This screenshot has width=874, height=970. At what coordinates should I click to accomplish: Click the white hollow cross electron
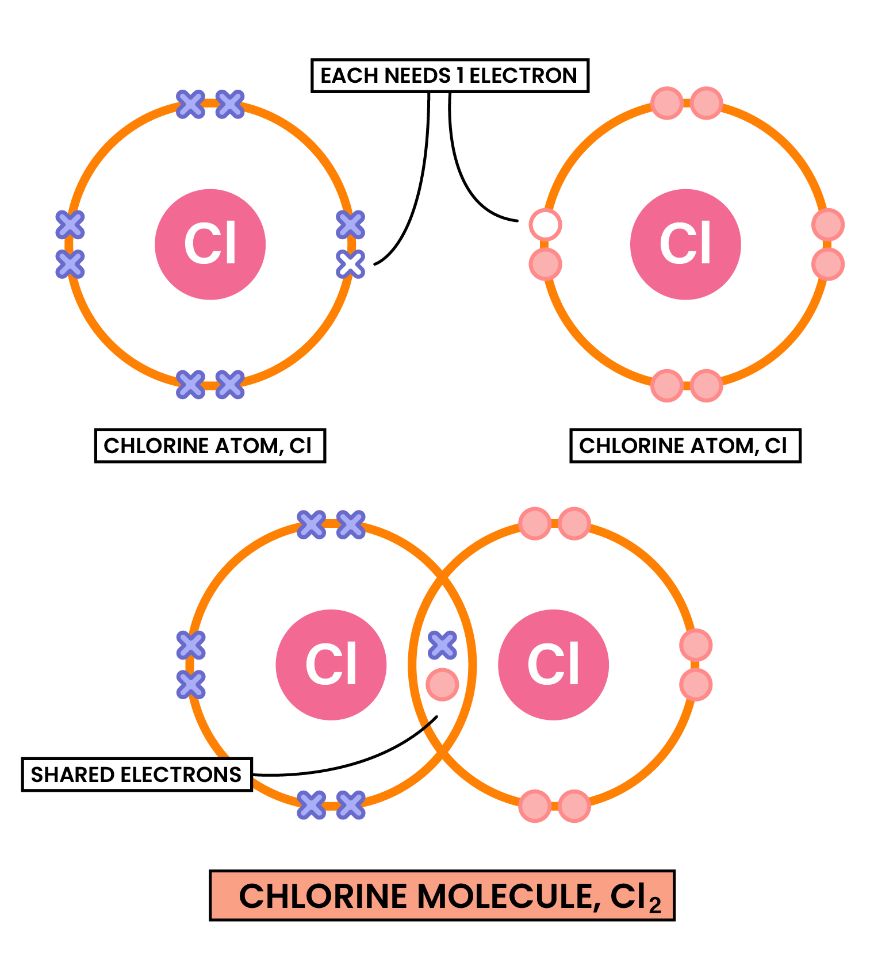point(350,264)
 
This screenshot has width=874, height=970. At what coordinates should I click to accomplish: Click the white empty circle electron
point(545,224)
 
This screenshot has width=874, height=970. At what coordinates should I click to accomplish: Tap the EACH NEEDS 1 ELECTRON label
point(449,75)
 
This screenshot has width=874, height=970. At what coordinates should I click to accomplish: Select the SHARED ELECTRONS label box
point(136,775)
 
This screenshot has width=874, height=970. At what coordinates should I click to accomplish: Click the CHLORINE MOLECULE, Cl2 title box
point(442,896)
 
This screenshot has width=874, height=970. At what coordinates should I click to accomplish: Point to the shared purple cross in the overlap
point(442,645)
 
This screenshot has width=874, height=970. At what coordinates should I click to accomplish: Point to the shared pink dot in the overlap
point(442,684)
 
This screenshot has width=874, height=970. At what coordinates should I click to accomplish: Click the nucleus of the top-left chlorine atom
point(210,244)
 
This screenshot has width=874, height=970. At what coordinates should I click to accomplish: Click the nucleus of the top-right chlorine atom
point(685,244)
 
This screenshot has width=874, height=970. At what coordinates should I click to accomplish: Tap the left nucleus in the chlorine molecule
point(331,665)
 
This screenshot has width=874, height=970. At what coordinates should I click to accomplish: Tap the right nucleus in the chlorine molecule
point(553,665)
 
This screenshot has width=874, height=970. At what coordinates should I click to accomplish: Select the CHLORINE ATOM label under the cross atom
point(209,446)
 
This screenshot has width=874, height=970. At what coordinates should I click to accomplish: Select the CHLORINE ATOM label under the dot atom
point(685,446)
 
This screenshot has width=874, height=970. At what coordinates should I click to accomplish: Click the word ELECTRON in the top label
point(523,75)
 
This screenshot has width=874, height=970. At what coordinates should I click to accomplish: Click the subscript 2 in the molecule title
point(655,906)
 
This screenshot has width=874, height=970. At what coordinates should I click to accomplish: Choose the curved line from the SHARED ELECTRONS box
point(356,762)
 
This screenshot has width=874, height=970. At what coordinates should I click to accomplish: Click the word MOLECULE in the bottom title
point(506,896)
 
